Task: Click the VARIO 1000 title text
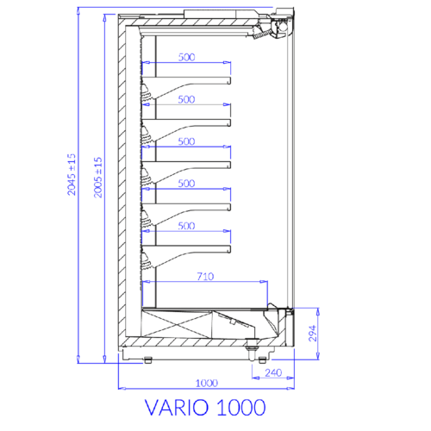205,407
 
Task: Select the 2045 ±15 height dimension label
72,174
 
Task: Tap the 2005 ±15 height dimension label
97,178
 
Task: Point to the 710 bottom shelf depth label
205,277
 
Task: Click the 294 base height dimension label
313,334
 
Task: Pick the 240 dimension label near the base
273,373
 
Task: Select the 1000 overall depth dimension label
207,383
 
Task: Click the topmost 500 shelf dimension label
186,57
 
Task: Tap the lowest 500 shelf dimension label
186,226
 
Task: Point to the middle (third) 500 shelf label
186,141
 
